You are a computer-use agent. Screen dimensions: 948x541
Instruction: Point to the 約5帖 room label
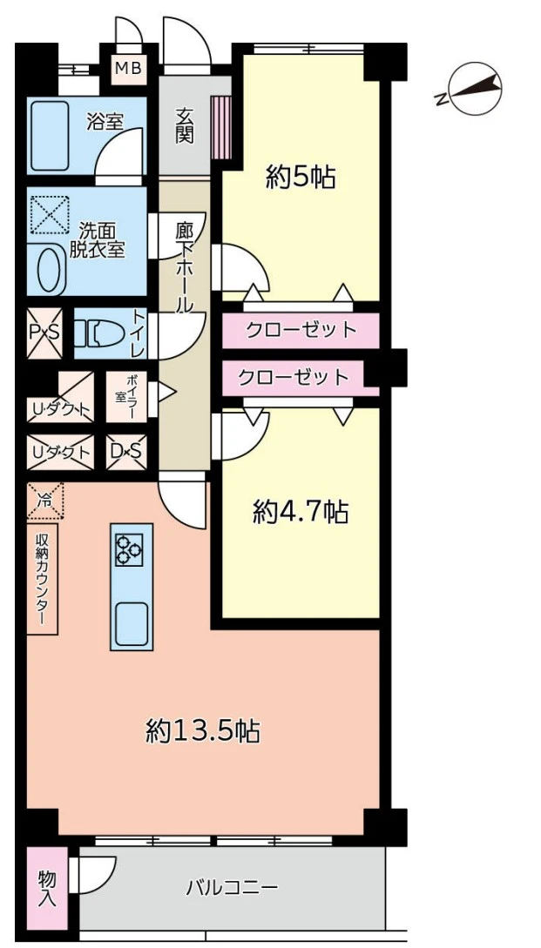click(301, 178)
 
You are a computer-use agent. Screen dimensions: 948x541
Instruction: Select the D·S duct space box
click(126, 452)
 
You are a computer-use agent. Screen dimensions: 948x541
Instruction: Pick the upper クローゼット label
click(301, 330)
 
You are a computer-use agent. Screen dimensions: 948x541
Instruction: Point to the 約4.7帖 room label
click(301, 513)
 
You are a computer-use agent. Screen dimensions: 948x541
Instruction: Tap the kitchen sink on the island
click(132, 620)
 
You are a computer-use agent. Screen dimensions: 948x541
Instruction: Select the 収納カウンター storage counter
click(42, 578)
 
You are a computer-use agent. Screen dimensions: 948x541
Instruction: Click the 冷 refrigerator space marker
click(44, 501)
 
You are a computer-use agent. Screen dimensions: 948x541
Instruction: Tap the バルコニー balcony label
click(232, 888)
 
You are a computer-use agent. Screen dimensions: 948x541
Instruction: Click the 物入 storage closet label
click(47, 888)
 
